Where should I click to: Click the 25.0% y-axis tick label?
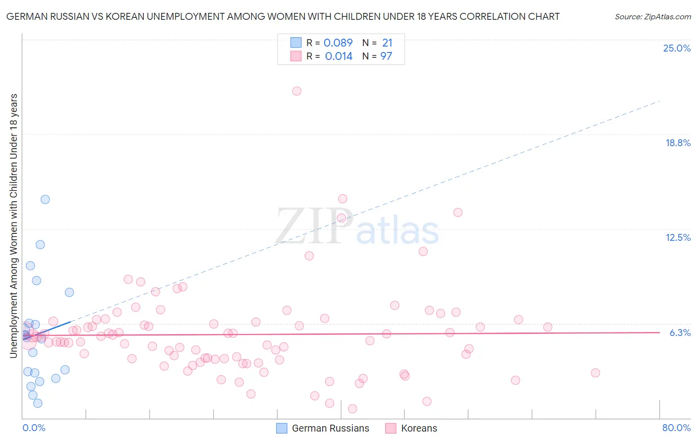677,49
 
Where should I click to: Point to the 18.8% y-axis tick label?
678,143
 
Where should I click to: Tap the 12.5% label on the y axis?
678,238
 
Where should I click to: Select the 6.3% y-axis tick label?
680,333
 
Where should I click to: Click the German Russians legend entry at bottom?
330,429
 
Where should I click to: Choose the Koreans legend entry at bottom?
419,429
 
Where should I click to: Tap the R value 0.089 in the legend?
338,43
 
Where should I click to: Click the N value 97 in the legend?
386,56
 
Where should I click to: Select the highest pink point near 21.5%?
297,91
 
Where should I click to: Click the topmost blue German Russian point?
45,200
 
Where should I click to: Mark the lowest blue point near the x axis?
38,403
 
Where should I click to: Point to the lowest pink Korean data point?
352,409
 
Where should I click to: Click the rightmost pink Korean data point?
595,373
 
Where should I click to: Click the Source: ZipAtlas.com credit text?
652,17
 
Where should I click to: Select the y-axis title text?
13,225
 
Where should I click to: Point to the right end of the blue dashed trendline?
659,101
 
